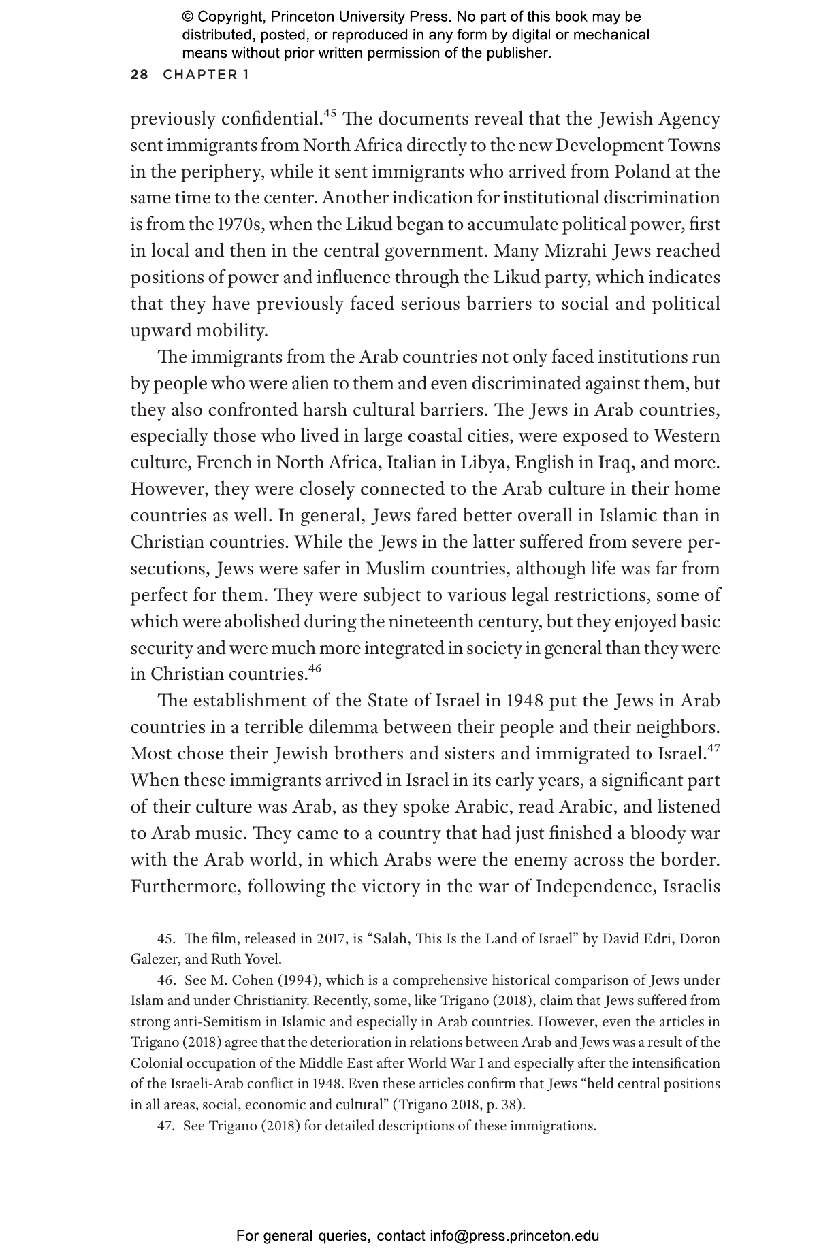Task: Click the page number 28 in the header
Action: coord(139,75)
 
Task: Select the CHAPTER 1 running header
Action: coord(206,75)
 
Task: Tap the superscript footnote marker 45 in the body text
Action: coord(330,113)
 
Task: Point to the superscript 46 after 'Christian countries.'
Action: coord(314,668)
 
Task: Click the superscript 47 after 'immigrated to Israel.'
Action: coord(713,748)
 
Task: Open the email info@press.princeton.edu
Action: coord(514,1235)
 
